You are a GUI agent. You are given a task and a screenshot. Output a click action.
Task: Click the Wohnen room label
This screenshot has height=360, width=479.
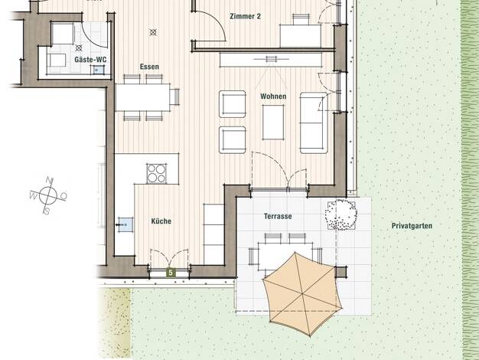[273, 97]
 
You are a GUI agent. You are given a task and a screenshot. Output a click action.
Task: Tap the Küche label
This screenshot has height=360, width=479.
[161, 221]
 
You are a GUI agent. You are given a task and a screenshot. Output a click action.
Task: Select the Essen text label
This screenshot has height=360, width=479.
[149, 67]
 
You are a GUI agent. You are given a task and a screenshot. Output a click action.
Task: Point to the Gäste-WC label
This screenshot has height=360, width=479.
[90, 59]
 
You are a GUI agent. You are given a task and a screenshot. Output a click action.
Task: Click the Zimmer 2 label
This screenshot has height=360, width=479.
[246, 16]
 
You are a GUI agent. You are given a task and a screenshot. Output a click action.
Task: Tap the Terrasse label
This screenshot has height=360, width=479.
[278, 216]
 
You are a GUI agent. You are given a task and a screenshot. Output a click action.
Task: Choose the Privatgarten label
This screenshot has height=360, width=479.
[412, 226]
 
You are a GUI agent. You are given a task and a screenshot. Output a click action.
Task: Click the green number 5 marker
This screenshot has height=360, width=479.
[171, 272]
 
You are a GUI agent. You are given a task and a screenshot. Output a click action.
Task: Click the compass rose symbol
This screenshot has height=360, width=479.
[48, 195]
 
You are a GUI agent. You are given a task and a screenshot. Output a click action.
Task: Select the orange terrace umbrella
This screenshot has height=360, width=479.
[302, 293]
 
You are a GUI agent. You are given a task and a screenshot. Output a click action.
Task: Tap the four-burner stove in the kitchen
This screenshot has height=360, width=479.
[157, 173]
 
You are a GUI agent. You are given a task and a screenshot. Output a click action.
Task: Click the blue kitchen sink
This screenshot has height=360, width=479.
[125, 225]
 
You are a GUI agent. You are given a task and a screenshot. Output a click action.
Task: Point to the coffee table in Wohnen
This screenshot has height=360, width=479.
[273, 123]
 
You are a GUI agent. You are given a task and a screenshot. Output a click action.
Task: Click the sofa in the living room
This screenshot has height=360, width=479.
[314, 123]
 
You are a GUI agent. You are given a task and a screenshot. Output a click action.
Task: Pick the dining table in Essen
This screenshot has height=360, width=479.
[142, 97]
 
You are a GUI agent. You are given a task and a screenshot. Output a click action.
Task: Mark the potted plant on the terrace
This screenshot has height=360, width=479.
[341, 214]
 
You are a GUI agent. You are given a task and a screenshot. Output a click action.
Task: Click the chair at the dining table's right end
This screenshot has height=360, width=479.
[175, 97]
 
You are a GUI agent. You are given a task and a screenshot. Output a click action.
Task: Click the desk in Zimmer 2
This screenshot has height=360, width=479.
[300, 36]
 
